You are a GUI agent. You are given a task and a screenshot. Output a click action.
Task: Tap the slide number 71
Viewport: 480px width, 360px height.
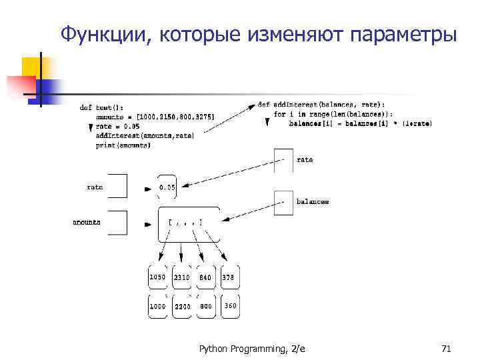[x=446, y=349]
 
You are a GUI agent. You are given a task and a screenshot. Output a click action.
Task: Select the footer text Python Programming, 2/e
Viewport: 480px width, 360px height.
[x=252, y=349]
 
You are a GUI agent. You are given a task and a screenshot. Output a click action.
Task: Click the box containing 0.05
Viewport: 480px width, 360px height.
[x=167, y=187]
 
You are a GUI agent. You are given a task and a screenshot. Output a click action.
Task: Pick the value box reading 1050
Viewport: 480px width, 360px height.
[x=158, y=277]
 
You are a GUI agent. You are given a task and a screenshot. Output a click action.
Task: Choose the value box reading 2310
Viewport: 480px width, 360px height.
[x=181, y=277]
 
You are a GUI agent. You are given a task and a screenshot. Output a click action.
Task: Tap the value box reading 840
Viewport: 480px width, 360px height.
[x=205, y=277]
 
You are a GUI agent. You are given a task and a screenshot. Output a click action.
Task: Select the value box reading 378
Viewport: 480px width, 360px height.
[x=229, y=277]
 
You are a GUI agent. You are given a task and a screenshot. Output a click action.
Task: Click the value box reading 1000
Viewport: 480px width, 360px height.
[x=158, y=306]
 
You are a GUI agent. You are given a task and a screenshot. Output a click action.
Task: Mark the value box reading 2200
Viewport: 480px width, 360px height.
[x=181, y=306]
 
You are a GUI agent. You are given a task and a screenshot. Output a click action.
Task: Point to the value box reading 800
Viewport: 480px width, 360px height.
[x=205, y=306]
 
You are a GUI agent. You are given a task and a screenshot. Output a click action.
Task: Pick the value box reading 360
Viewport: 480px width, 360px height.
[x=229, y=306]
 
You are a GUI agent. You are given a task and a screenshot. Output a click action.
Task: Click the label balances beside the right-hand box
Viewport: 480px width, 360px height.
[x=312, y=201]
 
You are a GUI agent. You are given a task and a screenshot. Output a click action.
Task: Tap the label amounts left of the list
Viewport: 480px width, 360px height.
[x=87, y=222]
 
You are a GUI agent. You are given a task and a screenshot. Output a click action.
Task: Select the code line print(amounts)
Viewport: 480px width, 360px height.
[x=123, y=145]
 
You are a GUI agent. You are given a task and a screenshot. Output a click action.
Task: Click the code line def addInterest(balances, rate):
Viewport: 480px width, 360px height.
[x=321, y=104]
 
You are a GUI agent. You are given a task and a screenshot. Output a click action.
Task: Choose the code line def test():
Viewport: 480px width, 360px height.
[x=101, y=107]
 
